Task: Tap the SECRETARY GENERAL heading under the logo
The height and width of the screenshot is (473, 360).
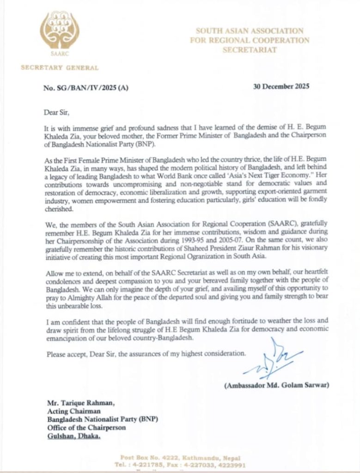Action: click(x=60, y=68)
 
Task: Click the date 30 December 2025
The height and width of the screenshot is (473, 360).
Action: click(x=281, y=86)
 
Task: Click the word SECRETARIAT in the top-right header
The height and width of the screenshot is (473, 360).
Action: click(x=249, y=50)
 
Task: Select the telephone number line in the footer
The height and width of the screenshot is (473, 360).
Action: click(x=183, y=465)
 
